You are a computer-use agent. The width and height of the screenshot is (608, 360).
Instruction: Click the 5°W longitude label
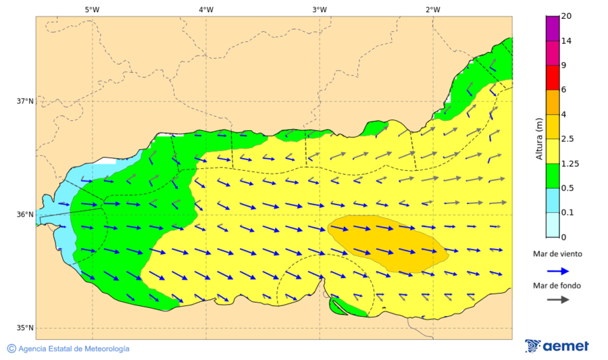(x=92, y=9)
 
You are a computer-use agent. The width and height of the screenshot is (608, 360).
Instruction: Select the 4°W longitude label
(x=206, y=9)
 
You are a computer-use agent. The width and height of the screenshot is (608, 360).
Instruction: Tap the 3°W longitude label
(x=320, y=9)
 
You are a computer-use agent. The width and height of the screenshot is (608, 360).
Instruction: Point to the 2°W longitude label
(x=433, y=9)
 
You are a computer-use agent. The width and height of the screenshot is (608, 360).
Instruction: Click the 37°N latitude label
(x=25, y=101)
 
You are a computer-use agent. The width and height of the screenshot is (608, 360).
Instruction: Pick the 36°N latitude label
(x=25, y=215)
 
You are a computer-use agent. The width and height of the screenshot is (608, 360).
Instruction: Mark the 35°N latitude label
(x=25, y=328)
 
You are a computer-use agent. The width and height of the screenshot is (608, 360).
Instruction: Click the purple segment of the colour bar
(x=553, y=28)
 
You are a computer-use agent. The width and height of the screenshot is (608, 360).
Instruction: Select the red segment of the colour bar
(x=553, y=77)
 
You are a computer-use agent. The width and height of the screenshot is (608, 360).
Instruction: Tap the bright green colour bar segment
(x=553, y=176)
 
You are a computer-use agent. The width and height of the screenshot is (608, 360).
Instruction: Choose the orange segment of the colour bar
(x=553, y=102)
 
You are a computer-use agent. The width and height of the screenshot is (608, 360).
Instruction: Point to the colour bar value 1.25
(x=570, y=163)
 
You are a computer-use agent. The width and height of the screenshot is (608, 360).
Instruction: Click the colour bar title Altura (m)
(x=539, y=138)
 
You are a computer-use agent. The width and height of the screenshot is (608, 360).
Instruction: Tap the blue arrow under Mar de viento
(x=557, y=271)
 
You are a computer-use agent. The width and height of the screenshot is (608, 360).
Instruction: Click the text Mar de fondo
(x=557, y=285)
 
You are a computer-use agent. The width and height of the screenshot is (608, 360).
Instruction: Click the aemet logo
(x=557, y=346)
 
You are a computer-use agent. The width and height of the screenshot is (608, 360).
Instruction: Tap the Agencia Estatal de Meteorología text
(x=74, y=349)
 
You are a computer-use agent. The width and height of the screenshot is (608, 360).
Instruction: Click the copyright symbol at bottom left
(x=11, y=349)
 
